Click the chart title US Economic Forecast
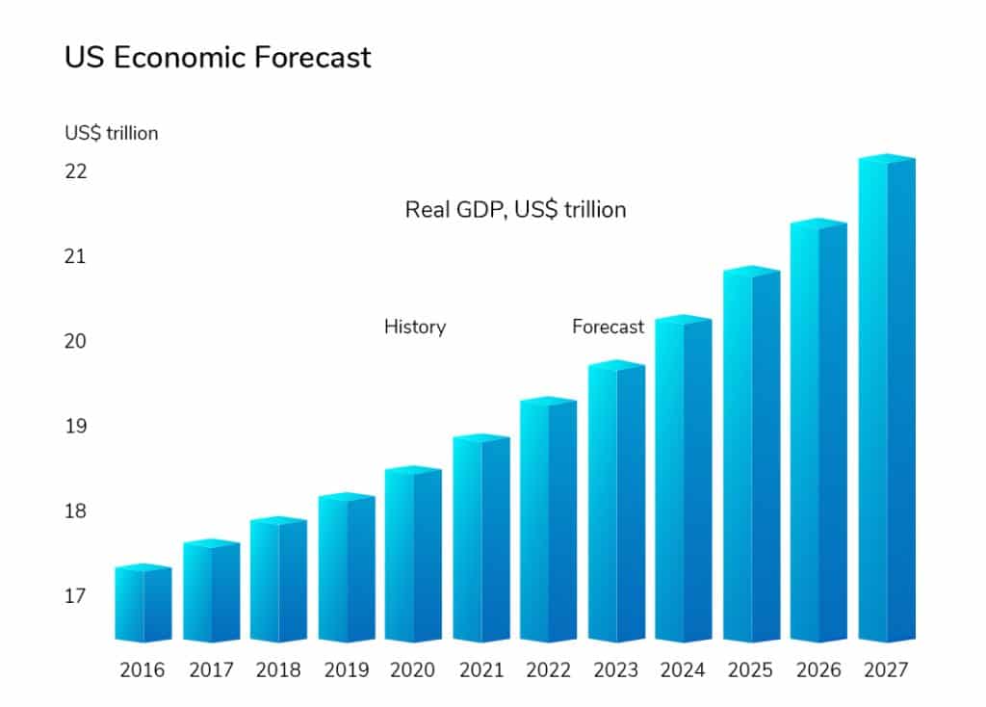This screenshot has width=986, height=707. (x=218, y=58)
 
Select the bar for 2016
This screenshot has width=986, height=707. (x=143, y=604)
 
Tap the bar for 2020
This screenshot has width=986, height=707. (x=413, y=556)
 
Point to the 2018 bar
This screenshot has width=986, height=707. (x=278, y=581)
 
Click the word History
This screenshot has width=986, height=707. (x=415, y=327)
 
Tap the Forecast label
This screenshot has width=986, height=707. (x=608, y=327)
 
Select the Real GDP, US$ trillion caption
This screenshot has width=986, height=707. (x=515, y=209)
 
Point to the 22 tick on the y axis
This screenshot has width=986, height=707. (x=76, y=171)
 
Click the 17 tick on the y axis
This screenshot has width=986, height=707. (x=76, y=596)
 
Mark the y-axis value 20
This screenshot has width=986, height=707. (x=76, y=341)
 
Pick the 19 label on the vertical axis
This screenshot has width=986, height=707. (x=76, y=426)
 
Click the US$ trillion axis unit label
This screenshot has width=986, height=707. (x=112, y=133)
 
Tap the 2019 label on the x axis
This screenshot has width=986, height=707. (x=346, y=670)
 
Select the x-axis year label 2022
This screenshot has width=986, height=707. (x=548, y=670)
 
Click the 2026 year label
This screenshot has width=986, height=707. (x=818, y=670)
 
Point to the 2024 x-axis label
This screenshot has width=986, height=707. (x=683, y=670)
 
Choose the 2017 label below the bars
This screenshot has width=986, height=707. (x=211, y=670)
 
